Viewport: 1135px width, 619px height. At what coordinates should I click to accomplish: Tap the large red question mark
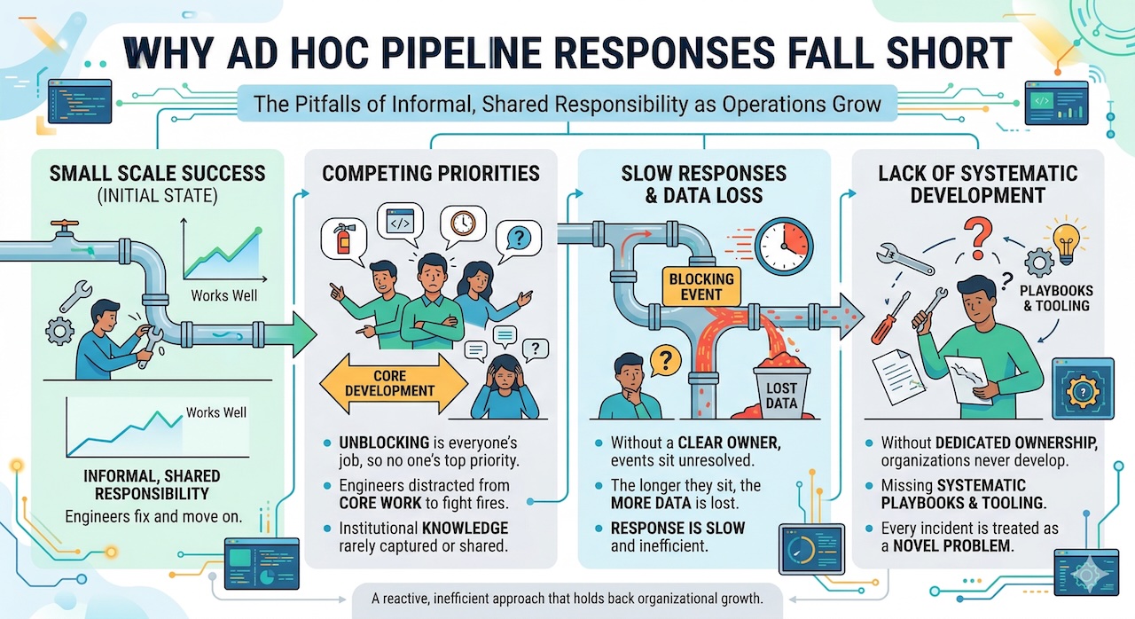click(977, 237)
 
